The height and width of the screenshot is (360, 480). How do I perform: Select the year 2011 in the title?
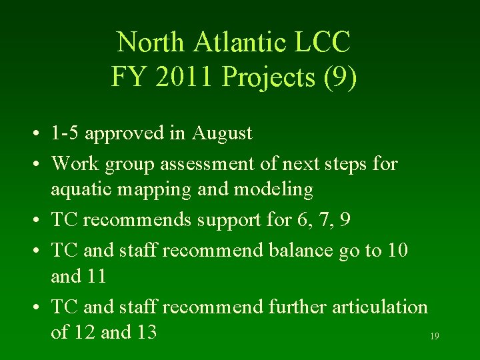coord(180,77)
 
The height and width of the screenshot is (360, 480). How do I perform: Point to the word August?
coord(222,133)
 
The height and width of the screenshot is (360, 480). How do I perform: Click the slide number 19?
coord(434,337)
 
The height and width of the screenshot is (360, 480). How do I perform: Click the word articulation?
coord(379,307)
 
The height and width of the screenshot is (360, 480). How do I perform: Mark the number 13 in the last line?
coord(144,332)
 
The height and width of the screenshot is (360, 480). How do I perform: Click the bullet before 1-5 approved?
coord(41,134)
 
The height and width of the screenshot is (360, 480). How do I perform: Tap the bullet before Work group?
coord(41,163)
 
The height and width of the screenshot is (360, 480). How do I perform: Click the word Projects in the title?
coord(263,77)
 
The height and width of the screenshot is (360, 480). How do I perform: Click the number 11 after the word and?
coord(96,275)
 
